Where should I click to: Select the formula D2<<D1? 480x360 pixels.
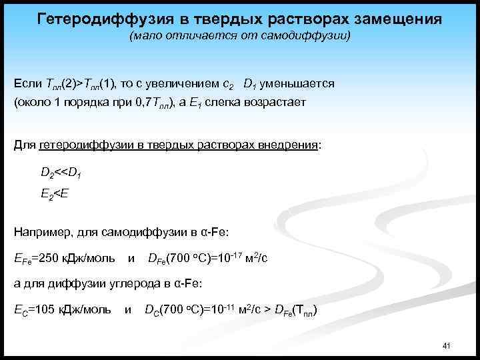61,173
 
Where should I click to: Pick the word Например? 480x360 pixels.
40,232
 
